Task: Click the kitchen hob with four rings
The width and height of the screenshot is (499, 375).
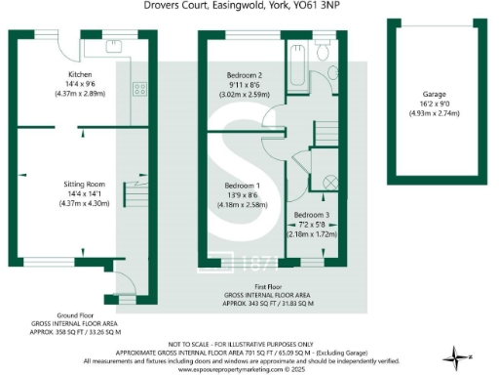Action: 138,89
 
